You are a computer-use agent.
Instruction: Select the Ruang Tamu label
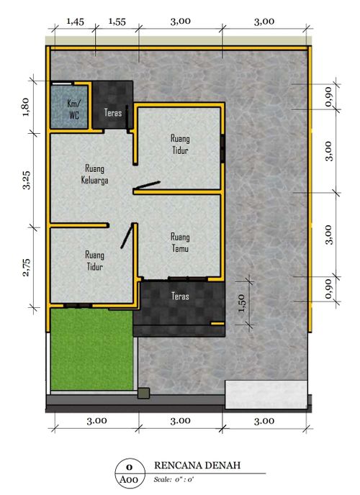pos(179,242)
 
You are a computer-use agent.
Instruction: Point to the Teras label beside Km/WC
pos(112,113)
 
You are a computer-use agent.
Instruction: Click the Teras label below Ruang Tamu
pos(181,295)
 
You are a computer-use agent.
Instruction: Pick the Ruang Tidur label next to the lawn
pos(94,260)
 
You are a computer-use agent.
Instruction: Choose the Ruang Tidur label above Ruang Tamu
pos(180,142)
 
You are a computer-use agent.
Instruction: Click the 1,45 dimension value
pos(75,22)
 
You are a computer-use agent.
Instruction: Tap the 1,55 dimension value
pos(117,22)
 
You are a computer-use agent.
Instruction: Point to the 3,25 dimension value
pos(26,181)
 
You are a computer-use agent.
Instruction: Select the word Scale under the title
pos(164,478)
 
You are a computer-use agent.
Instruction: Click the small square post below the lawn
pos(143,394)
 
